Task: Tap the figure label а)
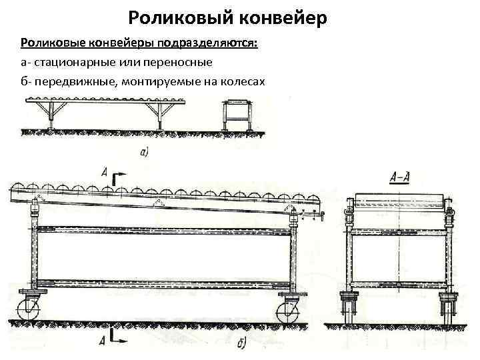[145, 153]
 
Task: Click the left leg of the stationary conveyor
[51, 118]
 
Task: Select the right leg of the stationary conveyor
[159, 118]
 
